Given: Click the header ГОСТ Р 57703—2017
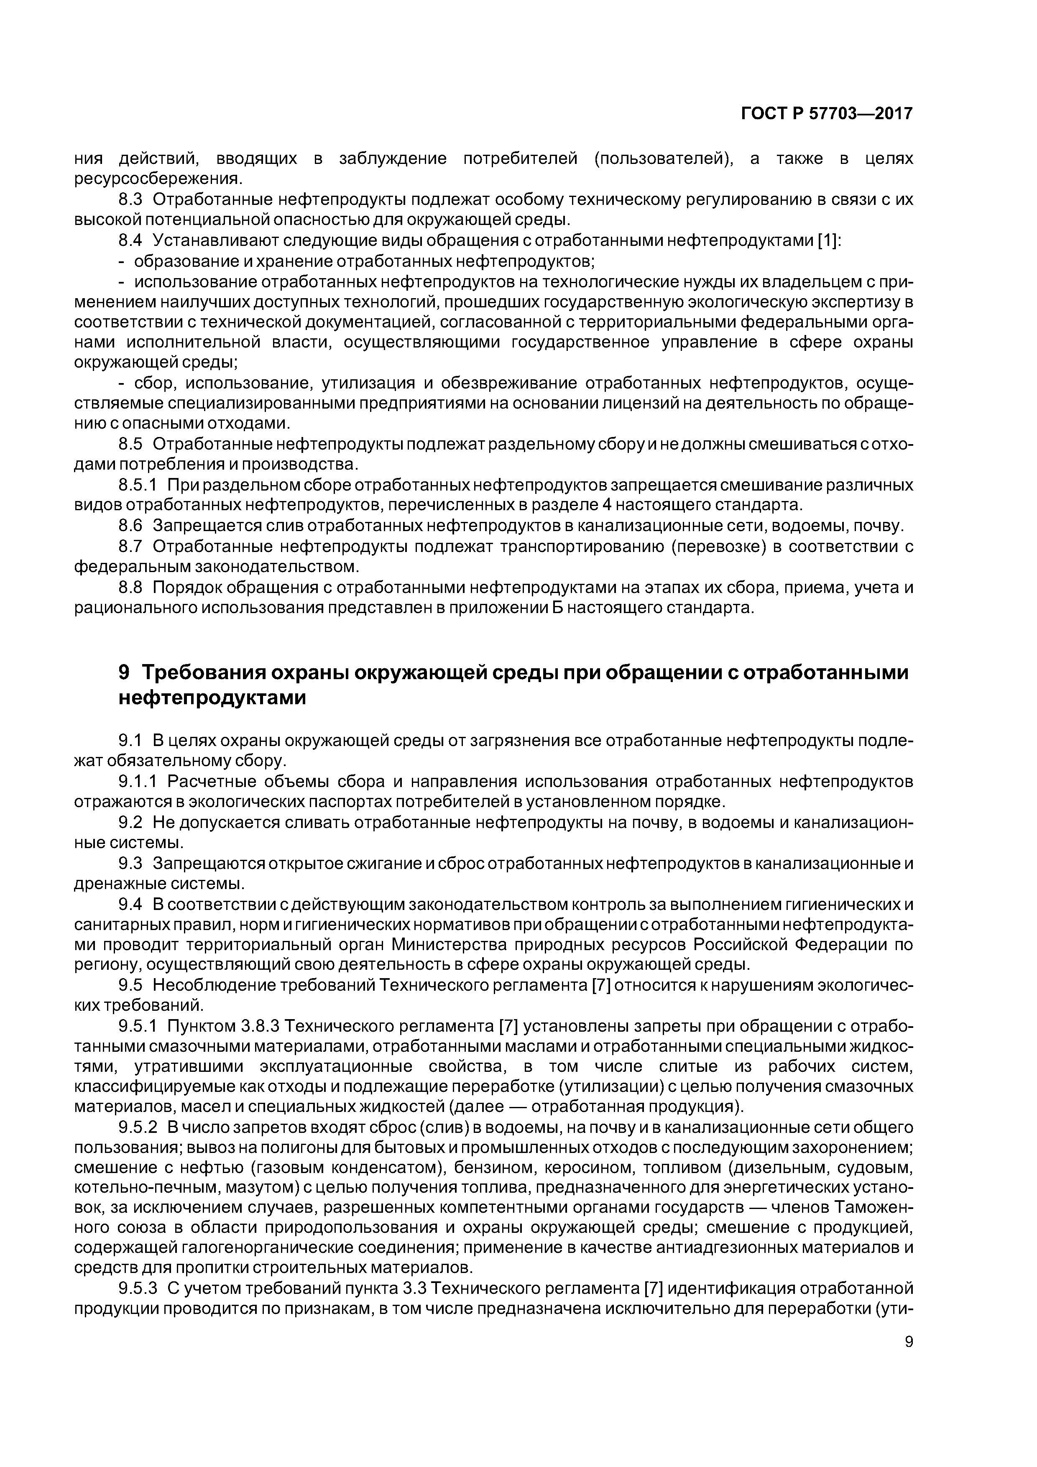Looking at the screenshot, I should coord(827,114).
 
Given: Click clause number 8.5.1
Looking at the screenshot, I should coord(138,485).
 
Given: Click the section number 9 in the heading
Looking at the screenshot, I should coord(125,673).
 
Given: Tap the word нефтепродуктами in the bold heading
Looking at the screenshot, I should coord(213,698).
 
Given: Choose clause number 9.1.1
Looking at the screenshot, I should coord(138,782).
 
